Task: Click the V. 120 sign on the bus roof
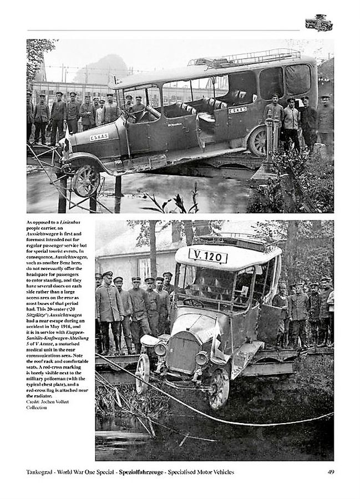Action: (x=208, y=256)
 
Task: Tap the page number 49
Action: (x=329, y=472)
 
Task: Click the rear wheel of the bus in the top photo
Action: (x=258, y=141)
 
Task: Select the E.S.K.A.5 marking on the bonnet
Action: (x=99, y=136)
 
